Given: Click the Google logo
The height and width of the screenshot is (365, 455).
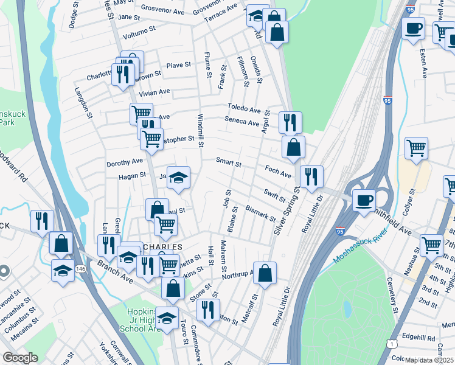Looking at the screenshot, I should coord(20,358).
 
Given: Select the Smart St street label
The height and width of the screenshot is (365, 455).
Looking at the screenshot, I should coord(229,163).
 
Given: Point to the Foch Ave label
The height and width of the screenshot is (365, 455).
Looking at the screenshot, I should coord(279,172).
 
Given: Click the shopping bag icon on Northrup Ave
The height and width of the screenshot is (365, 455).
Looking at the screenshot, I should coord(265,274).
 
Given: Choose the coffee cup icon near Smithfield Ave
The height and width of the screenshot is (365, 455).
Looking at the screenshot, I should coord(364,201).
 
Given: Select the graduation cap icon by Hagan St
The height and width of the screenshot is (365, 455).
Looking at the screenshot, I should coord(178,178).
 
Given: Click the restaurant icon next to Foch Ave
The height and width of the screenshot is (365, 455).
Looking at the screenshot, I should coord(311,176).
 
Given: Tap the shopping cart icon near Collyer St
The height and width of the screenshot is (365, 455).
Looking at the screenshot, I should coord(416,147).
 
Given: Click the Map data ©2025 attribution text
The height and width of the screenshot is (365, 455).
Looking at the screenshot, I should coord(429,360).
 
